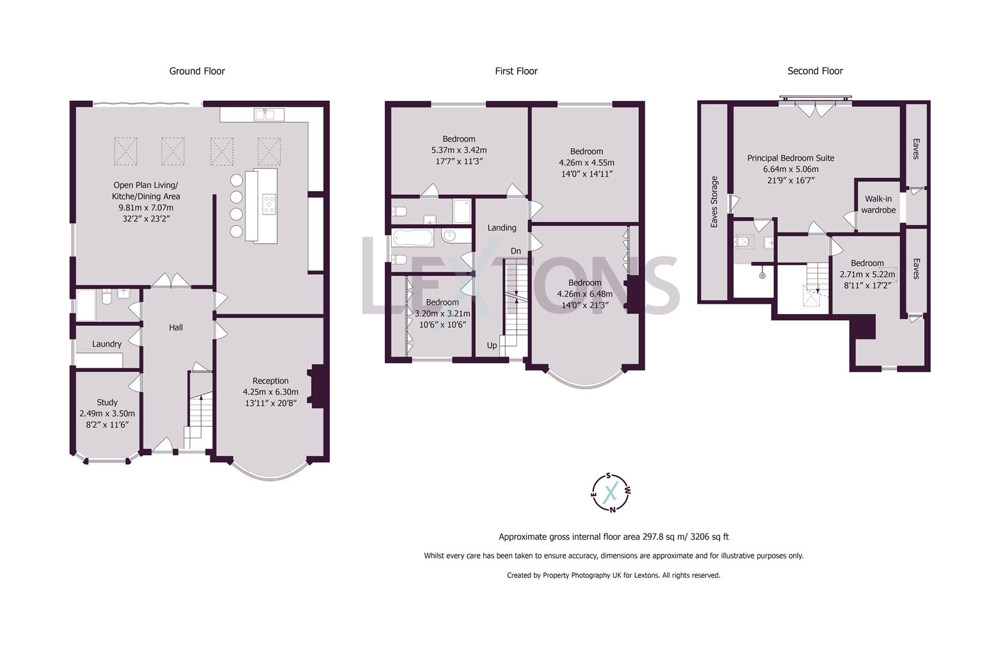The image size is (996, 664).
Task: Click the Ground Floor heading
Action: click(197, 71)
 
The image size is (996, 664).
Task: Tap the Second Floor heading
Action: click(815, 71)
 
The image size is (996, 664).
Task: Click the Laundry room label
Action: click(107, 344)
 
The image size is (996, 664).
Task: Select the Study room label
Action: click(107, 403)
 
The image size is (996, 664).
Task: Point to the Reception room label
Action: click(270, 381)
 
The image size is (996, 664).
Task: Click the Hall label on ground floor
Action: click(176, 328)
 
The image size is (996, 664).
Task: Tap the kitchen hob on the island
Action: click(269, 204)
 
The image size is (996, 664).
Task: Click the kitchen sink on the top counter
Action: click(269, 114)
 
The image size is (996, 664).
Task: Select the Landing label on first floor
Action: click(502, 228)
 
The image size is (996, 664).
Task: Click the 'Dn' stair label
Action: click(516, 251)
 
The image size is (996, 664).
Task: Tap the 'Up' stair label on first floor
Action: click(492, 346)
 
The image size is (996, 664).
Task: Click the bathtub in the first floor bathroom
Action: click(413, 238)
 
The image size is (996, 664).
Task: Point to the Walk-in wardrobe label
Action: click(878, 205)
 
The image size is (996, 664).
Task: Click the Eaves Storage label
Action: click(714, 202)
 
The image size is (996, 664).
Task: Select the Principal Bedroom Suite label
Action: click(791, 159)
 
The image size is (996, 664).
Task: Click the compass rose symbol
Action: click(611, 492)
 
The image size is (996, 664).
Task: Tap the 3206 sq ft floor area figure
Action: click(709, 537)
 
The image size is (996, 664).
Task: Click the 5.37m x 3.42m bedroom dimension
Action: click(459, 150)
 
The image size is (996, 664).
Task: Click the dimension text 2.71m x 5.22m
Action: click(867, 274)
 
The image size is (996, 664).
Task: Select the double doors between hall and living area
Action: click(170, 280)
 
